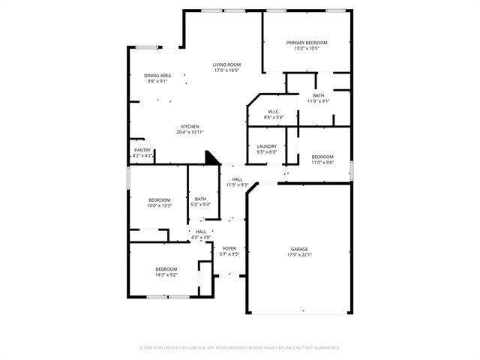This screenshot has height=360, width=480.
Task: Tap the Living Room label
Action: click(x=226, y=64)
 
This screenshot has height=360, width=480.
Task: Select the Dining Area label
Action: click(x=157, y=76)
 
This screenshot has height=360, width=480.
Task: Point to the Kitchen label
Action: click(x=190, y=126)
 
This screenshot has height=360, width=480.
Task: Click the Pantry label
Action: click(x=142, y=150)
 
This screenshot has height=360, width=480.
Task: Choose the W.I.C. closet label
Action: click(x=272, y=111)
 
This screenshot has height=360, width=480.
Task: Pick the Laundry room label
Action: click(x=267, y=146)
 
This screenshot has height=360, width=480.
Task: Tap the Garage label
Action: click(x=299, y=249)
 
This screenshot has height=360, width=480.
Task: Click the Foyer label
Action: click(x=229, y=248)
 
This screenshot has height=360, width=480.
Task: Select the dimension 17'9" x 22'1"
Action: click(x=299, y=255)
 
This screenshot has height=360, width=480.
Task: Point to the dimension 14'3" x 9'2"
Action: click(x=166, y=275)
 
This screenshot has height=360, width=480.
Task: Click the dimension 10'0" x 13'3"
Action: click(x=159, y=205)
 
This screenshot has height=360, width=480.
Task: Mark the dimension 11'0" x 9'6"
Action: click(x=322, y=162)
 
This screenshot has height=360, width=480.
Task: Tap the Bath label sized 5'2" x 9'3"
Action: click(x=200, y=199)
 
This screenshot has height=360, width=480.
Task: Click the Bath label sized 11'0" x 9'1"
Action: click(x=319, y=95)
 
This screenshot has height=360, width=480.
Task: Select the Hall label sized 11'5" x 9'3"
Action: click(x=237, y=179)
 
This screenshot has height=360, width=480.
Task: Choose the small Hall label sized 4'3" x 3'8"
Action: click(x=201, y=232)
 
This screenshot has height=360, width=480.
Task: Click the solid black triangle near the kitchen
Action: click(x=212, y=158)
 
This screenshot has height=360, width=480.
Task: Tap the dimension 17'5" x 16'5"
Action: click(x=226, y=70)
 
